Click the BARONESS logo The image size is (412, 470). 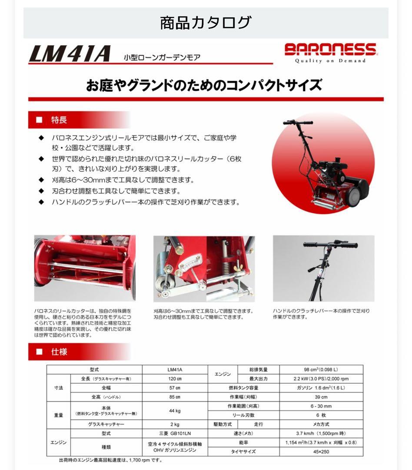pyautogui.click(x=331, y=49)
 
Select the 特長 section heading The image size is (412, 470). pyautogui.click(x=59, y=120)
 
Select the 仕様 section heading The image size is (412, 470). pyautogui.click(x=59, y=352)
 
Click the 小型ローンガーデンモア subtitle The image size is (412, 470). pyautogui.click(x=162, y=57)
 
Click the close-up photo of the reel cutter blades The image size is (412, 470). pyautogui.click(x=85, y=268)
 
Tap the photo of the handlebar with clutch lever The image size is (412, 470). pyautogui.click(x=323, y=268)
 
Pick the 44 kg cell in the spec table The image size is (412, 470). pyautogui.click(x=175, y=410)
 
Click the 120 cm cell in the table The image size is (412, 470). pyautogui.click(x=175, y=379)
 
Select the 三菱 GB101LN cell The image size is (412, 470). pyautogui.click(x=175, y=433)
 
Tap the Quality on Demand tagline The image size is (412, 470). pyautogui.click(x=331, y=61)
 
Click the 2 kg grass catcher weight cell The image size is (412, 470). pyautogui.click(x=175, y=424)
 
